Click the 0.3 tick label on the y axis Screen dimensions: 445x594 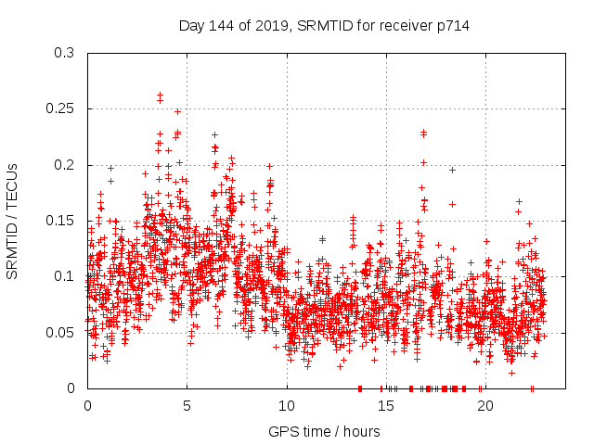[63, 53]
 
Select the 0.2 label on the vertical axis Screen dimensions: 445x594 [63, 165]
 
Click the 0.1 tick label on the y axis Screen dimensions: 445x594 [63, 276]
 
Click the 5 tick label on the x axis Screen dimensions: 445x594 [187, 405]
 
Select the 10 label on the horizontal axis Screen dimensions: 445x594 [286, 405]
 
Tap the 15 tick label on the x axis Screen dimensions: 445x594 [385, 405]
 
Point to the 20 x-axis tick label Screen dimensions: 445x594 [484, 405]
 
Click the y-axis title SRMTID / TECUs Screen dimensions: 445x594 [13, 221]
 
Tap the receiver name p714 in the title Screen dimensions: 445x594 [455, 26]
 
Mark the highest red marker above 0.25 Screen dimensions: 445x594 [160, 95]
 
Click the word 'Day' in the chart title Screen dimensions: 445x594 [192, 26]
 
